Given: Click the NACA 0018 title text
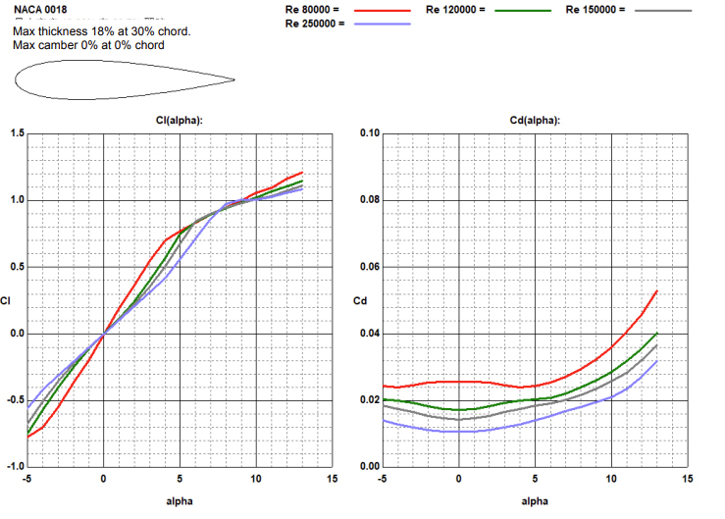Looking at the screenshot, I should (x=40, y=10).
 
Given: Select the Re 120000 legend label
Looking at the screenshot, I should (x=456, y=9).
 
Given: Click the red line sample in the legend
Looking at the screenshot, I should (x=381, y=10).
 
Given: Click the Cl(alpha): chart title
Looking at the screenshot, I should (x=180, y=120).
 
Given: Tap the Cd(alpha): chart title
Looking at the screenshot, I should (x=536, y=120).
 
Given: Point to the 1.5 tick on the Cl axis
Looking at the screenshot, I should (x=15, y=133).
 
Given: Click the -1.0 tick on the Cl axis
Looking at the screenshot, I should (x=13, y=466).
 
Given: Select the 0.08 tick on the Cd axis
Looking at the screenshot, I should (x=369, y=200).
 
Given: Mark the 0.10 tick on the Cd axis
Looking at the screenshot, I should (x=369, y=133).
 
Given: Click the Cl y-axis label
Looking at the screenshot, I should (x=8, y=300).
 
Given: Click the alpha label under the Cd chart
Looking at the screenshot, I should (x=535, y=501).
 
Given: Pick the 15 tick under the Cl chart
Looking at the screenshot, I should (x=332, y=478).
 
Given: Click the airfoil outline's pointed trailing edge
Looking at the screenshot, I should (x=234, y=79).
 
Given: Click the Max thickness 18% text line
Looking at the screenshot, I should (x=102, y=32).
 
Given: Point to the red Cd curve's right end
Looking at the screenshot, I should (x=656, y=291).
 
